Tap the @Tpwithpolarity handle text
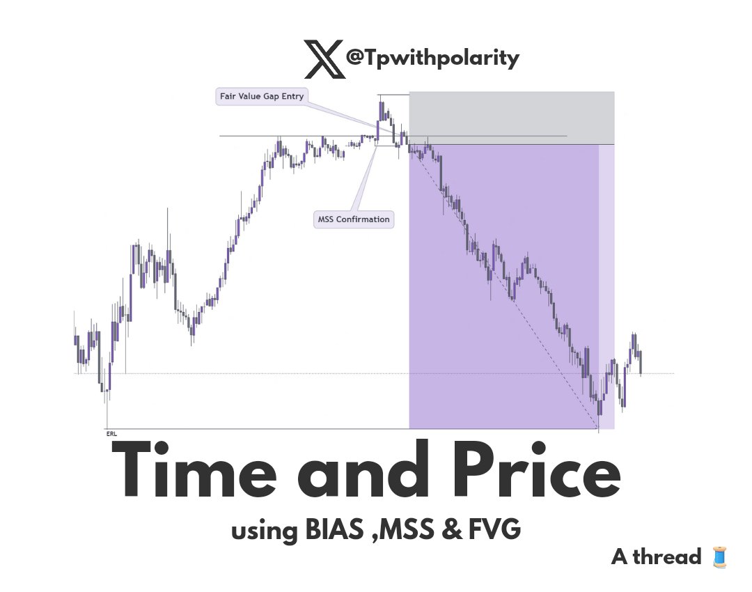click(432, 59)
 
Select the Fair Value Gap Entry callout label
click(260, 97)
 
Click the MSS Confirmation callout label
click(354, 219)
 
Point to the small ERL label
click(111, 433)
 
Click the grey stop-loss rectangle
click(511, 118)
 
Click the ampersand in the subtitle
click(451, 531)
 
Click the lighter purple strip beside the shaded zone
click(606, 286)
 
